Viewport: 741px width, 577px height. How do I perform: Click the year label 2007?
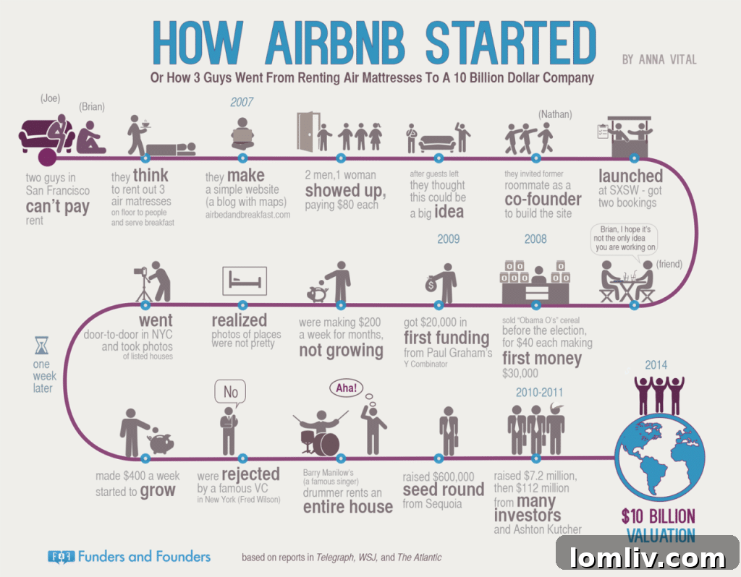(242, 103)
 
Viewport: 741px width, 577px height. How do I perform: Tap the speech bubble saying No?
(230, 393)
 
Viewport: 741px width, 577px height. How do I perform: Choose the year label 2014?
(657, 366)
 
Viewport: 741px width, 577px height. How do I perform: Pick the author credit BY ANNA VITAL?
(659, 59)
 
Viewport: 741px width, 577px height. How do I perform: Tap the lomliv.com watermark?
(648, 557)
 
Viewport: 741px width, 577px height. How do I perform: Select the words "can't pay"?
(57, 207)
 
